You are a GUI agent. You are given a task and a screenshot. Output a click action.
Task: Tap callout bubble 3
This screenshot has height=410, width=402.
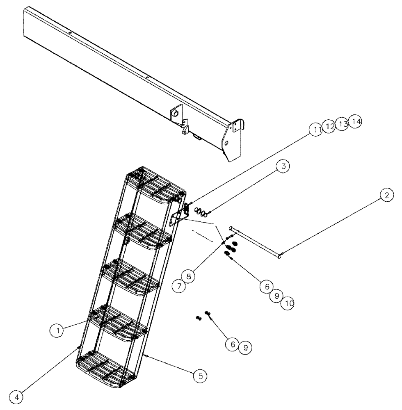click(x=282, y=167)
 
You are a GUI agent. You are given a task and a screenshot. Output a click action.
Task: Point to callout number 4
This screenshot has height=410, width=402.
click(x=17, y=397)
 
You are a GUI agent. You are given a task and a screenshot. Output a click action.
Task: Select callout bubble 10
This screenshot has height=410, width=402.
click(x=288, y=304)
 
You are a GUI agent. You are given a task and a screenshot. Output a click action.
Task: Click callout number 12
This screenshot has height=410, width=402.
click(x=329, y=126)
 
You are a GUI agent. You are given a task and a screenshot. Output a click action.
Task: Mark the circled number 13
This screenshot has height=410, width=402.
click(x=342, y=123)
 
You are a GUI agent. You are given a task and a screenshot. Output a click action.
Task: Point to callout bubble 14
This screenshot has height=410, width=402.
click(x=356, y=122)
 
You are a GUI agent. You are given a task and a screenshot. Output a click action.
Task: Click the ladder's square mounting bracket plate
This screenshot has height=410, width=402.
click(x=175, y=217)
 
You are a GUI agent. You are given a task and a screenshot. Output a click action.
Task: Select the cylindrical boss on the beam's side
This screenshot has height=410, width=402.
click(x=175, y=113)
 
